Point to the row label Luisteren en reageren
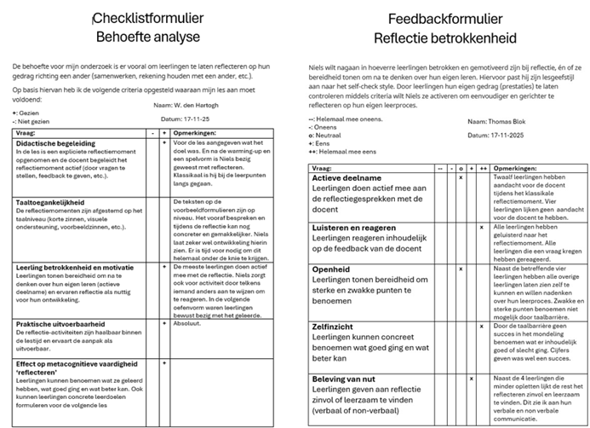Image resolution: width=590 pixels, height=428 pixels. (x=356, y=228)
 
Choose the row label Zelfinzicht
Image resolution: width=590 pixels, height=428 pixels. (x=335, y=326)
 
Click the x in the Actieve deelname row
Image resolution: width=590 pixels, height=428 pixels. (x=461, y=177)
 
